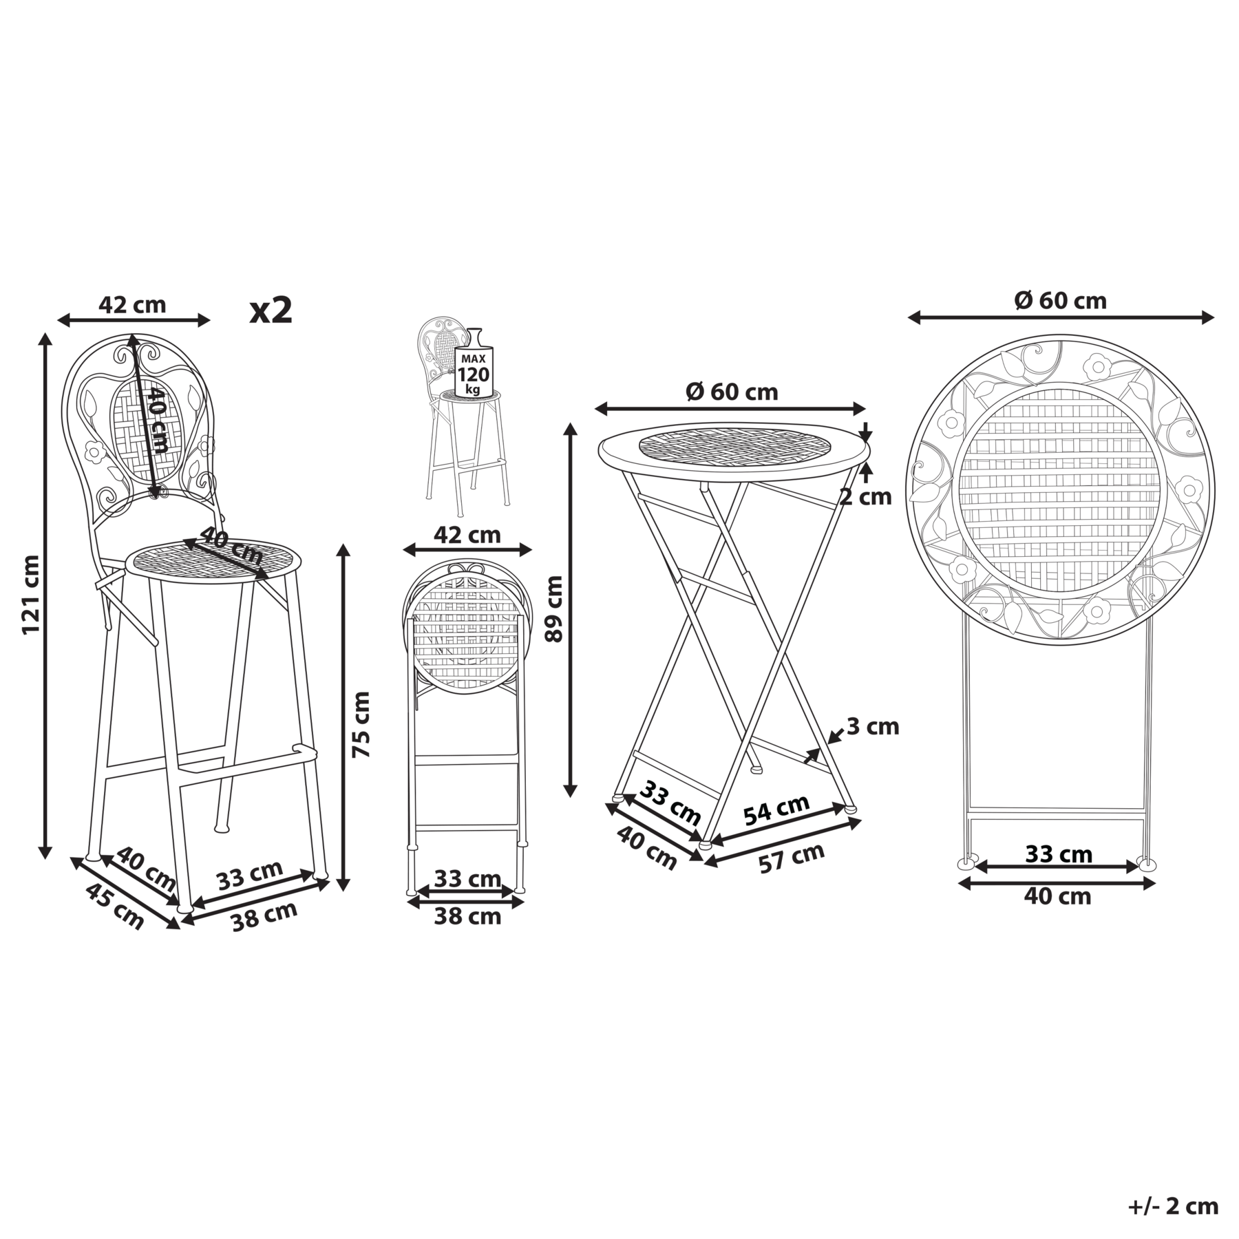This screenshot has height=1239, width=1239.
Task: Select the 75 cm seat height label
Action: pyautogui.click(x=361, y=725)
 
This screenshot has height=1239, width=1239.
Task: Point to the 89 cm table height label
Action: pyautogui.click(x=553, y=608)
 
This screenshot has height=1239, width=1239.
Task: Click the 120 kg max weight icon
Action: pyautogui.click(x=473, y=373)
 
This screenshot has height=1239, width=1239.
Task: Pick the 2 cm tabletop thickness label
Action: pyautogui.click(x=865, y=496)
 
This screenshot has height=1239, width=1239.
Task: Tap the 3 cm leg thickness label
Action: pyautogui.click(x=873, y=726)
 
